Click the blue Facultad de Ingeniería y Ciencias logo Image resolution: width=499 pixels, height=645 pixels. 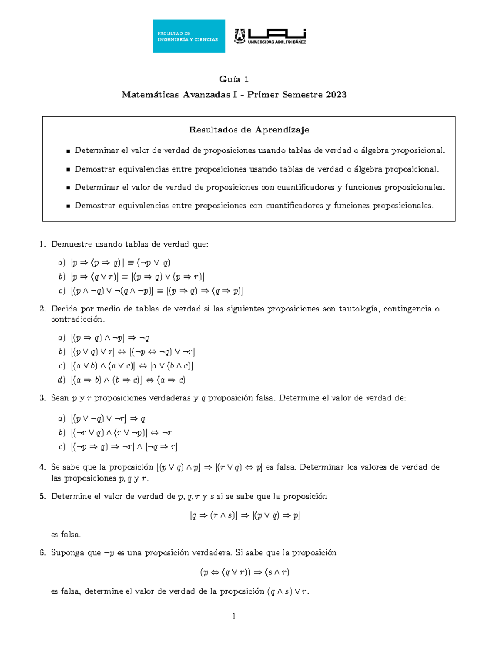coord(189,36)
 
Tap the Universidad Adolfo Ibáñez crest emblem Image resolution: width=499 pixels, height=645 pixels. coord(240,36)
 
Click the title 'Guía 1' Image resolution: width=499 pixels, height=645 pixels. coord(234,79)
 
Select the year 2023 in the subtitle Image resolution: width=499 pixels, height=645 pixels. coord(336,95)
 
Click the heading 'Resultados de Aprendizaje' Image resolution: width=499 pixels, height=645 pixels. coord(249,130)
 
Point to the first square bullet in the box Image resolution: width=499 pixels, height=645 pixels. coord(68,151)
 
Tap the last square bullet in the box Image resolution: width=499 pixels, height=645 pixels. coord(68,206)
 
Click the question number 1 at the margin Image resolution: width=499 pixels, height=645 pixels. coord(42,244)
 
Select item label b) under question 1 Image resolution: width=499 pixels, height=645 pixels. coord(62,277)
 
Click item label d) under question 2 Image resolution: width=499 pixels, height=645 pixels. coord(62,380)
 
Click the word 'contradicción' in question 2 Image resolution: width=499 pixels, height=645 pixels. coord(78,319)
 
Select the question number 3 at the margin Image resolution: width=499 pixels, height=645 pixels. coord(42,398)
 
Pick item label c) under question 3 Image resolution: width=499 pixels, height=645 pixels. coord(62,447)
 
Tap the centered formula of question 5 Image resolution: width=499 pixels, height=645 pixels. coord(245,516)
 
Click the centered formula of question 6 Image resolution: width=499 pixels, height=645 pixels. coord(245,572)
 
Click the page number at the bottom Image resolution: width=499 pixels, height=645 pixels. coord(234,616)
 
